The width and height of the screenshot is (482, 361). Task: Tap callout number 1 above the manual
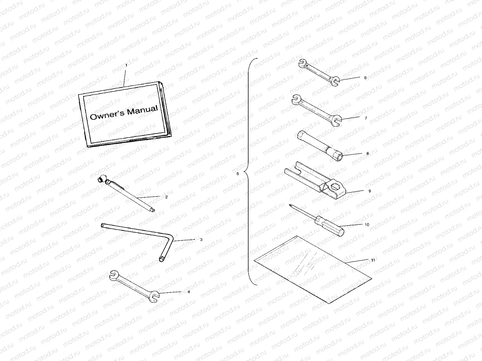126,65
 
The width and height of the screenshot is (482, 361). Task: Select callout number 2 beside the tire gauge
166,197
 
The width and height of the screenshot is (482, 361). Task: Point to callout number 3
201,240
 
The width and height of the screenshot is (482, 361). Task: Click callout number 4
189,292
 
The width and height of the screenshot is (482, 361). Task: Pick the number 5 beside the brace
238,174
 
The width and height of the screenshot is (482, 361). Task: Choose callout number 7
366,118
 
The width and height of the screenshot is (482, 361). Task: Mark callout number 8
368,153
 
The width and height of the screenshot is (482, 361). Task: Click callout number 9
370,191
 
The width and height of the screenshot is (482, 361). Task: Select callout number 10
367,224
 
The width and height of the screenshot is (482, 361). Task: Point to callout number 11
373,260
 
